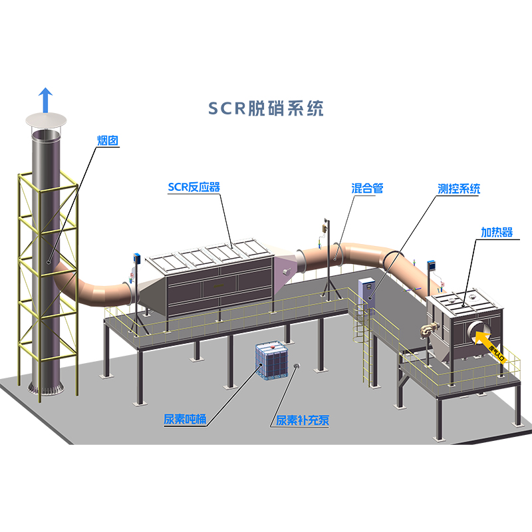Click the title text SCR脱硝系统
[x=266, y=108]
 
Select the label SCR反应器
[x=193, y=188]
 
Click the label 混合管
[x=367, y=188]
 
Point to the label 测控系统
[x=459, y=189]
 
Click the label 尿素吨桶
[x=185, y=420]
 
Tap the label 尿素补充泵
[x=303, y=420]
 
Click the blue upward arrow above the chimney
[x=45, y=100]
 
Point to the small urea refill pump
[x=295, y=366]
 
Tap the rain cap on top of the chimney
[x=46, y=120]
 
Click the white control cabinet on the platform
[x=366, y=293]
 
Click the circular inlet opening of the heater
[x=481, y=328]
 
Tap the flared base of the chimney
[x=45, y=386]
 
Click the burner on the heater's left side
[x=426, y=329]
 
